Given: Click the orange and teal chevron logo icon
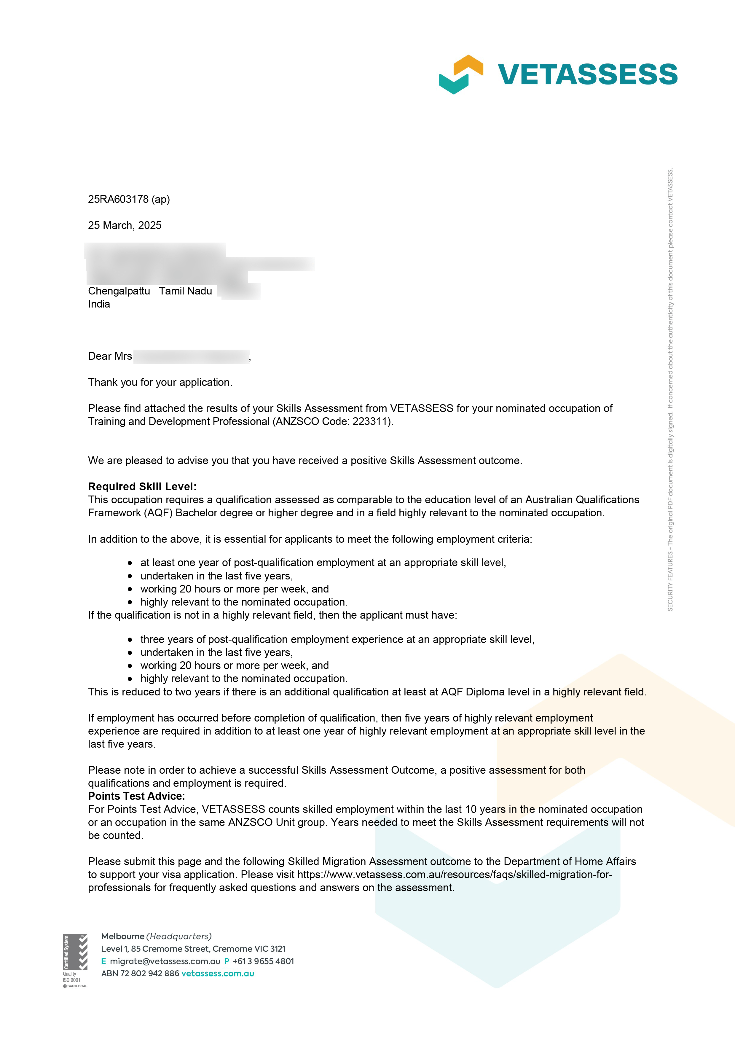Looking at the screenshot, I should [x=460, y=74].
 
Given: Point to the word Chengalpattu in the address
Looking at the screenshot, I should [x=119, y=291].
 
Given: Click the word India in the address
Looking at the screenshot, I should [x=99, y=304].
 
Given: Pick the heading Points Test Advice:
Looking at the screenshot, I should [x=136, y=796].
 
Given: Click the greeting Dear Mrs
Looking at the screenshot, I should [x=110, y=356].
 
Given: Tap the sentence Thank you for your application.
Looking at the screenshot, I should [x=160, y=382].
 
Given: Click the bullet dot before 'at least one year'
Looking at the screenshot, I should [x=130, y=563].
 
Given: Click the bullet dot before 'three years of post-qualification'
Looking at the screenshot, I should [x=130, y=640].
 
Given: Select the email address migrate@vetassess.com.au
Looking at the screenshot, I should [x=165, y=961].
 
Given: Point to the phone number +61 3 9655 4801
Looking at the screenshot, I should [x=263, y=961].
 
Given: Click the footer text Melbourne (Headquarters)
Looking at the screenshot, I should [x=156, y=936].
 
